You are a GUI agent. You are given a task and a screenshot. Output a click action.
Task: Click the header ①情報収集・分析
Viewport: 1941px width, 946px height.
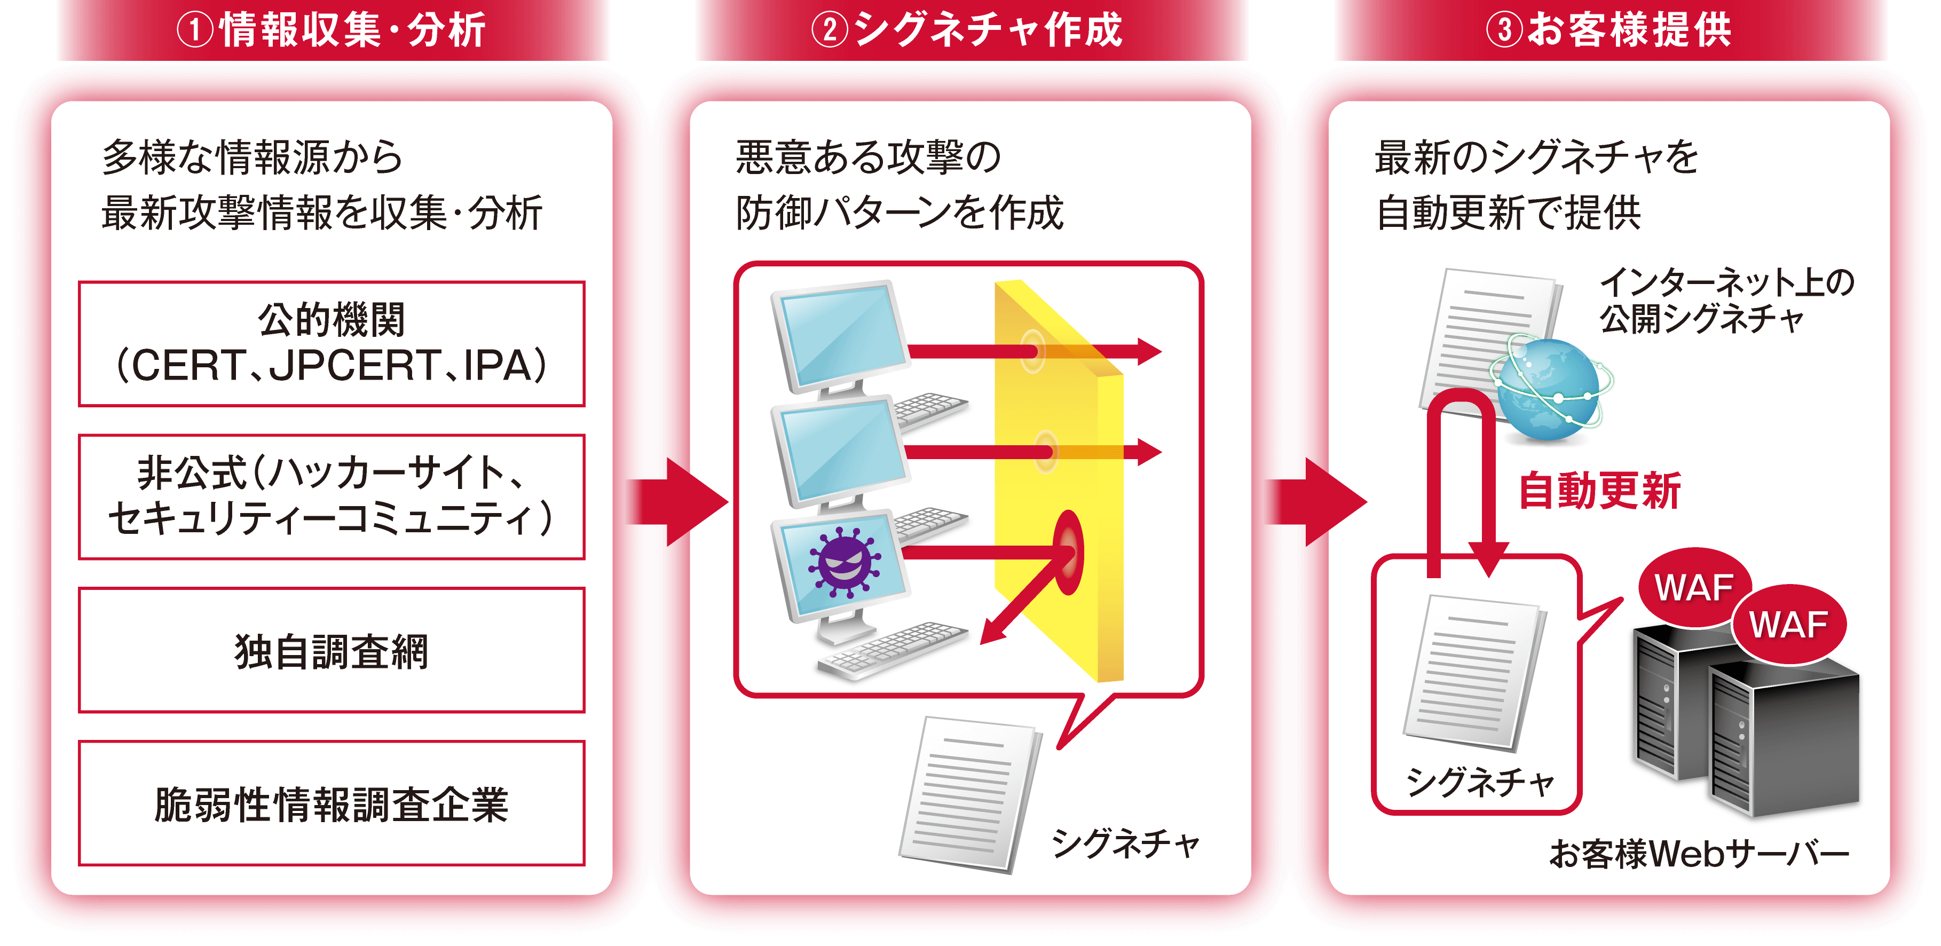[x=332, y=30]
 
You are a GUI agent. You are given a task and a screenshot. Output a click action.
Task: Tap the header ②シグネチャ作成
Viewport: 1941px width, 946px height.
[x=970, y=30]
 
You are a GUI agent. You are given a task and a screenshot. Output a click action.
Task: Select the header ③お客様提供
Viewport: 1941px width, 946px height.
[x=1610, y=30]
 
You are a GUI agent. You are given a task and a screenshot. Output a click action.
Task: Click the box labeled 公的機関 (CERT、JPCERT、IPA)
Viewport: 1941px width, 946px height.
[x=332, y=344]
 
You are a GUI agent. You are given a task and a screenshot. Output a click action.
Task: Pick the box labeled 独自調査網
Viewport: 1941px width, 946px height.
[x=332, y=650]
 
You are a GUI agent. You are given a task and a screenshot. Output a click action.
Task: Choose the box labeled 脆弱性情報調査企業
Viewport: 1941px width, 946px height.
[x=332, y=803]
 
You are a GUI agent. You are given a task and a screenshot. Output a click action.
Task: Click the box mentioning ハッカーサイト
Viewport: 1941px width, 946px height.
[x=332, y=496]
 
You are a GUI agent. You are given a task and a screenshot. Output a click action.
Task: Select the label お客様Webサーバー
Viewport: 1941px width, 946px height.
[x=1700, y=854]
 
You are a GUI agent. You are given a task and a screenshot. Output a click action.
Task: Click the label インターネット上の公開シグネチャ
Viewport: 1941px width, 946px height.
[x=1725, y=300]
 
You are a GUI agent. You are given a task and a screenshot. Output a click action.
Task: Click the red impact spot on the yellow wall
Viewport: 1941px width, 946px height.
[x=1068, y=553]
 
